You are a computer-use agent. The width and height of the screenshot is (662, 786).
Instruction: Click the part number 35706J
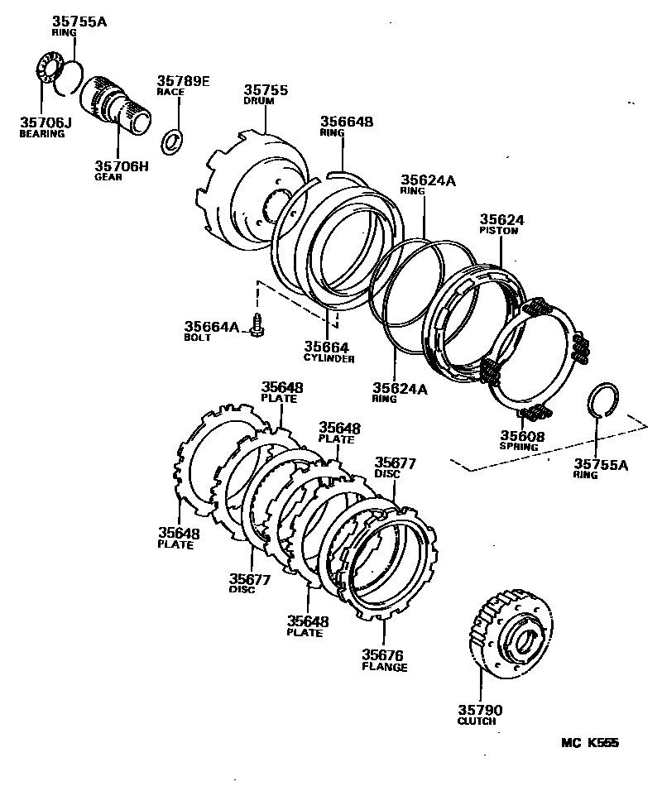46,123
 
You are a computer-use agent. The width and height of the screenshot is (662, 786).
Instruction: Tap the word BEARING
41,134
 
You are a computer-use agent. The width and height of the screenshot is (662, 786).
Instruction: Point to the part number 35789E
183,80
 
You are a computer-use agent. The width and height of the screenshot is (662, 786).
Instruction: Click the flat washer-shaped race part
171,141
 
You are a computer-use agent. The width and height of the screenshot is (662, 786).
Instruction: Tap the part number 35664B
347,121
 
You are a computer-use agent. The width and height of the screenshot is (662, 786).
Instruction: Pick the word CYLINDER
329,359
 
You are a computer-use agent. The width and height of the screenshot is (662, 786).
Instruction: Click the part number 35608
522,435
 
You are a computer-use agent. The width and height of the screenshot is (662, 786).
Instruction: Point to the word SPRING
519,447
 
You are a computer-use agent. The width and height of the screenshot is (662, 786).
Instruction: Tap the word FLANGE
384,667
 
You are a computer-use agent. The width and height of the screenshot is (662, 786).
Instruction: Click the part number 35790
481,710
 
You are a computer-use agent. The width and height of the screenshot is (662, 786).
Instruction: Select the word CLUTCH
477,721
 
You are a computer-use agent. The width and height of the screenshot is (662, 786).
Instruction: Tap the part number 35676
385,655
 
